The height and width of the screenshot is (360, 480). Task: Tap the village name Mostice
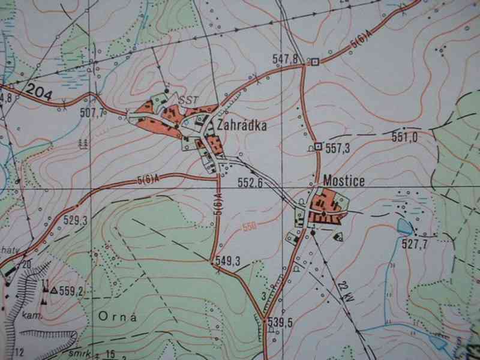(x=343, y=179)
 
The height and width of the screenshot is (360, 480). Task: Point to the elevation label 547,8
(x=285, y=59)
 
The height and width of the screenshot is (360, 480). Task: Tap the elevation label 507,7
(x=92, y=112)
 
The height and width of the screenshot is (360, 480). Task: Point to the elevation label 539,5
(x=280, y=322)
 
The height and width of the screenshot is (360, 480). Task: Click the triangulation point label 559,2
(x=70, y=292)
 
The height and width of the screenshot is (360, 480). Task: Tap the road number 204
(x=40, y=93)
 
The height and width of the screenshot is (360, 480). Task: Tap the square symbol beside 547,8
(x=314, y=61)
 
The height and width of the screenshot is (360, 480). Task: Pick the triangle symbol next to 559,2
(x=54, y=291)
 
